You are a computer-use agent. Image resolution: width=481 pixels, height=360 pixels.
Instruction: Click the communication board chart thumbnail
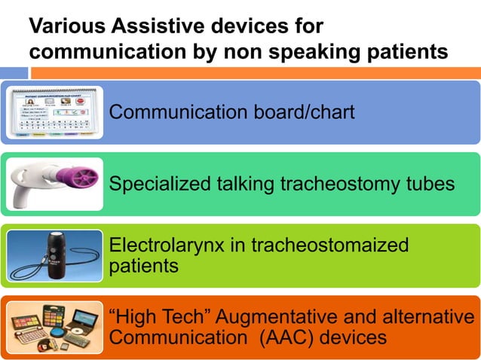[x=54, y=113]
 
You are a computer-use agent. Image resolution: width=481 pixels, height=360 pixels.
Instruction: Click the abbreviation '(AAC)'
[x=283, y=337]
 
